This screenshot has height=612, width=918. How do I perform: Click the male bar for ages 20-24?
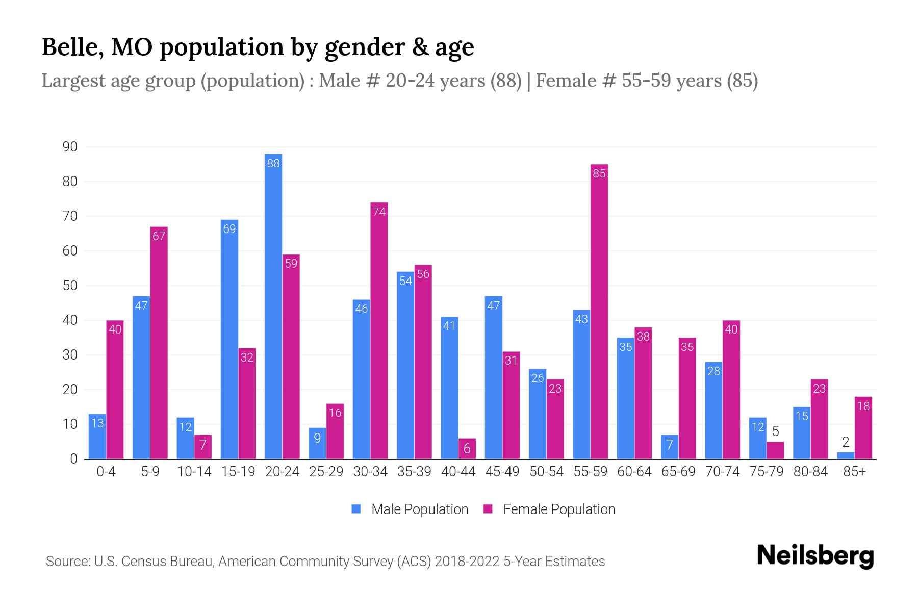point(273,306)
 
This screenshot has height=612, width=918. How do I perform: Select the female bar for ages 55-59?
point(599,312)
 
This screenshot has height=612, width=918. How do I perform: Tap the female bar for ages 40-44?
point(467,449)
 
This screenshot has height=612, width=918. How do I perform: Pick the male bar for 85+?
point(846,455)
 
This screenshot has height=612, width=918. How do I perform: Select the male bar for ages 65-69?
point(670,447)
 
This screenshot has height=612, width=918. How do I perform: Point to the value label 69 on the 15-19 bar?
point(229,229)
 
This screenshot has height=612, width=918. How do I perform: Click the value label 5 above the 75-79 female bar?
point(775,431)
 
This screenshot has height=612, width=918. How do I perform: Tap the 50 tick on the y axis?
point(70,286)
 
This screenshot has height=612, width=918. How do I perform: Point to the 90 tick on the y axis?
point(70,147)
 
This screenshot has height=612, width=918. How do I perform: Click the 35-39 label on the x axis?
point(414,472)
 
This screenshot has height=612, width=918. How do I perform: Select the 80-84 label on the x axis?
point(810,472)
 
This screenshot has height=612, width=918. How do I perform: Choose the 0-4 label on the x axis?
point(106,472)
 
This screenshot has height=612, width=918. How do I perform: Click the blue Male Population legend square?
point(356,509)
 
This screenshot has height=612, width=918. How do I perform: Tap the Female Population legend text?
point(559,509)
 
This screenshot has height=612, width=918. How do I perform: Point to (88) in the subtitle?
point(506,81)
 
